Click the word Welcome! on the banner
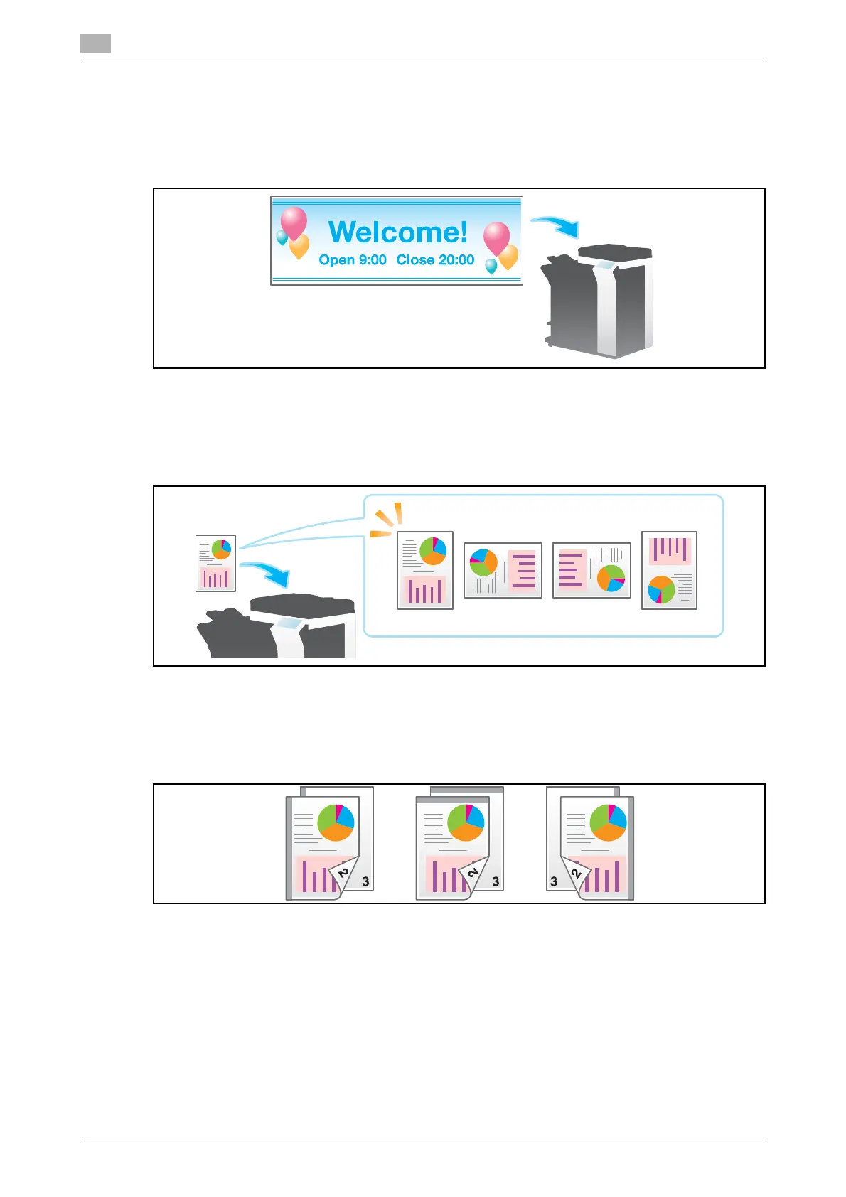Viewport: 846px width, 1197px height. click(398, 232)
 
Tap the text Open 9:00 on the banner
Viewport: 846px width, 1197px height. click(353, 260)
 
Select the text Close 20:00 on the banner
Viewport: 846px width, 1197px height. click(435, 260)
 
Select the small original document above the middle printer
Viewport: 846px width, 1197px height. click(215, 564)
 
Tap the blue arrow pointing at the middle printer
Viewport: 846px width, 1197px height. click(266, 573)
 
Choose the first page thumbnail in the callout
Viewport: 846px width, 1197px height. click(425, 570)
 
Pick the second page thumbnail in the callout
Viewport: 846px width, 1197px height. click(503, 570)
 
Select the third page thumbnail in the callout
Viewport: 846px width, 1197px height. click(591, 570)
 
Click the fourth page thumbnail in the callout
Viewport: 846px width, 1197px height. click(669, 570)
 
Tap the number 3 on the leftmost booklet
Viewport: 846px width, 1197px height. click(365, 881)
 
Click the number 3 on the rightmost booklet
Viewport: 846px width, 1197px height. click(554, 881)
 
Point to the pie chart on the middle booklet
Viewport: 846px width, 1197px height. click(466, 822)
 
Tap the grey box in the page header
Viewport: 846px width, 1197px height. click(95, 44)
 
